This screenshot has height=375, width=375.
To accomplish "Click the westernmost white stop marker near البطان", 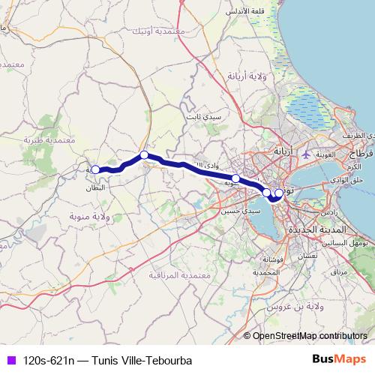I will coord(95,169).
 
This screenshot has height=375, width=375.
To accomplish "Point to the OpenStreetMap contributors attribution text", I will coord(310,337).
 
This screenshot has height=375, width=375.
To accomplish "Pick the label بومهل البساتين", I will coord(350,244).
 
